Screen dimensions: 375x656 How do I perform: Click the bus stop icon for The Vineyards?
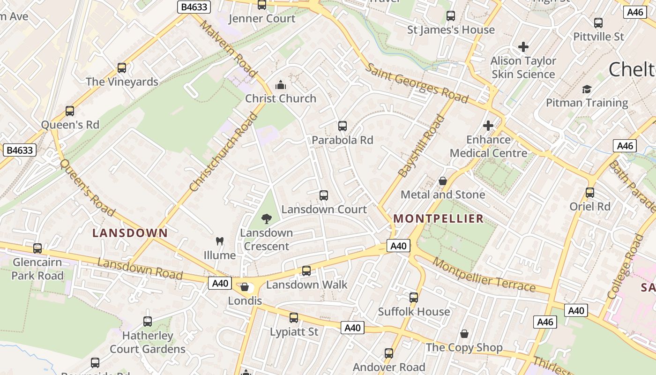[122, 68]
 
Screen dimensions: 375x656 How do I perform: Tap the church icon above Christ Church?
[281, 85]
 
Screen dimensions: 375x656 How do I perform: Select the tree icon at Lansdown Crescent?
[267, 218]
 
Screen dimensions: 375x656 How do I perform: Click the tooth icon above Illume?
[219, 241]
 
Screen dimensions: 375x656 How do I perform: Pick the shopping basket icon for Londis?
[245, 287]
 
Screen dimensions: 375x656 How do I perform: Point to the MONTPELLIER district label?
[438, 218]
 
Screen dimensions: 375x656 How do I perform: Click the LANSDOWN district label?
[130, 233]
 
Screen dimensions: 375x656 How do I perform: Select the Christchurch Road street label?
[224, 152]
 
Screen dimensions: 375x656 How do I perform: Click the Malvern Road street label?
[228, 49]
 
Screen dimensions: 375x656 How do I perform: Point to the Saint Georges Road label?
[416, 83]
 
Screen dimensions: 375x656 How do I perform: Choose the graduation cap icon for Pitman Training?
[587, 89]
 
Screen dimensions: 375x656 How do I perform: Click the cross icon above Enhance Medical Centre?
[488, 126]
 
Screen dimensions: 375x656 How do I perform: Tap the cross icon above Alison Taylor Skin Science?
[523, 47]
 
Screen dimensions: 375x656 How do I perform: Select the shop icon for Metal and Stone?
[442, 181]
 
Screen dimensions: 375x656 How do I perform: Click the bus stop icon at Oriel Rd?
[590, 193]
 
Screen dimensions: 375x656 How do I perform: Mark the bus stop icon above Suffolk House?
[414, 298]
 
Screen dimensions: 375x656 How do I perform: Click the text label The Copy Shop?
[464, 348]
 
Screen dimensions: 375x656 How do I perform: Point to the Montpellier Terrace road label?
[484, 275]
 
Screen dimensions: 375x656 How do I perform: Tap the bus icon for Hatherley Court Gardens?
[148, 322]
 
